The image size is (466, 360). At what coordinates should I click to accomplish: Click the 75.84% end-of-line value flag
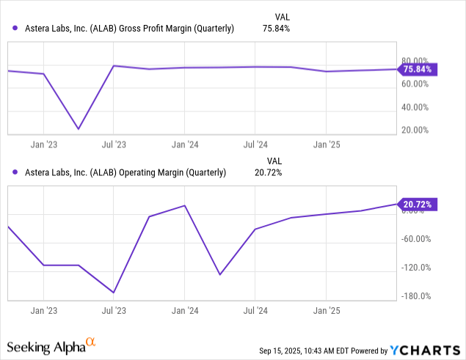[x=417, y=70]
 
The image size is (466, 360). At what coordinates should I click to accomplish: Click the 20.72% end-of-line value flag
[x=417, y=205]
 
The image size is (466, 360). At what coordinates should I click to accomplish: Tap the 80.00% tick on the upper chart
[x=417, y=60]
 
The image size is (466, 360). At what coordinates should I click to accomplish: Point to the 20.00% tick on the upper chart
[x=417, y=130]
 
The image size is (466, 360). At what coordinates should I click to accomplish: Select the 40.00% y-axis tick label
[x=417, y=107]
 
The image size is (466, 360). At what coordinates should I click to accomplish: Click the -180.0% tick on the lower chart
[x=417, y=296]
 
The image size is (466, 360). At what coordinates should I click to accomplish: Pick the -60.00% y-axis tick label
[x=417, y=239]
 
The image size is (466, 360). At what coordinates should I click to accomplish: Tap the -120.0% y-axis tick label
[x=417, y=268]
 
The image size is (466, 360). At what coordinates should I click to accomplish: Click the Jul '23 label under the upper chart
[x=114, y=144]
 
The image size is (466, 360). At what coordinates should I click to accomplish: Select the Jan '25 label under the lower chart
[x=326, y=309]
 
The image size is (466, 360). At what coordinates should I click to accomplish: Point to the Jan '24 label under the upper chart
[x=184, y=144]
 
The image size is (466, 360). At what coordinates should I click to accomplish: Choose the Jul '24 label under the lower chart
[x=255, y=309]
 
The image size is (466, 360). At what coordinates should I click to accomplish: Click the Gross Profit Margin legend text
[x=123, y=29]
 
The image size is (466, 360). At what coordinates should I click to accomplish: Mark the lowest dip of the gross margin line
[x=79, y=129]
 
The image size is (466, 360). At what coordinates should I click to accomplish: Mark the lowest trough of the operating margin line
[x=114, y=293]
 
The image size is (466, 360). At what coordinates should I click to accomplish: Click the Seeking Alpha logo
[x=51, y=345]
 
